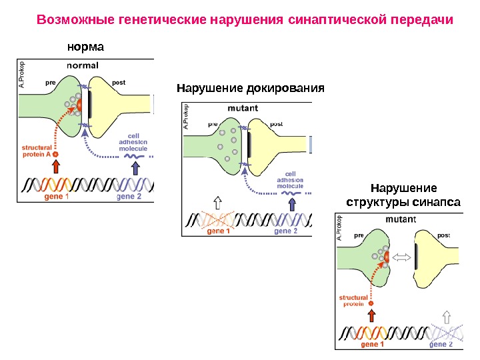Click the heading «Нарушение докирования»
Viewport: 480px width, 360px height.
250,88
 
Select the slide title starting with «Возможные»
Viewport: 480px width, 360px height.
245,19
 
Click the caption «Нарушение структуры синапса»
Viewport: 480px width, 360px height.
403,194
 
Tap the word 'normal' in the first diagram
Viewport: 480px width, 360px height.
83,65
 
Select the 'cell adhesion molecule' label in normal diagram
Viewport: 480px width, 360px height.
133,141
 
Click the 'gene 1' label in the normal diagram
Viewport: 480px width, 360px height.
57,197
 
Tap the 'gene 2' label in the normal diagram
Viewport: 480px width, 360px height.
129,197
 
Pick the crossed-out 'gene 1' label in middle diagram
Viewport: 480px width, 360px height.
219,231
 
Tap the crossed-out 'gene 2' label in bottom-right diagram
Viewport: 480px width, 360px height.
441,345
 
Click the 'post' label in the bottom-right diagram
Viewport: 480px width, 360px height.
444,235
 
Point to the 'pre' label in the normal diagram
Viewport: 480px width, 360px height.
49,83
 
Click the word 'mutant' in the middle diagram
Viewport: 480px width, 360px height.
243,107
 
